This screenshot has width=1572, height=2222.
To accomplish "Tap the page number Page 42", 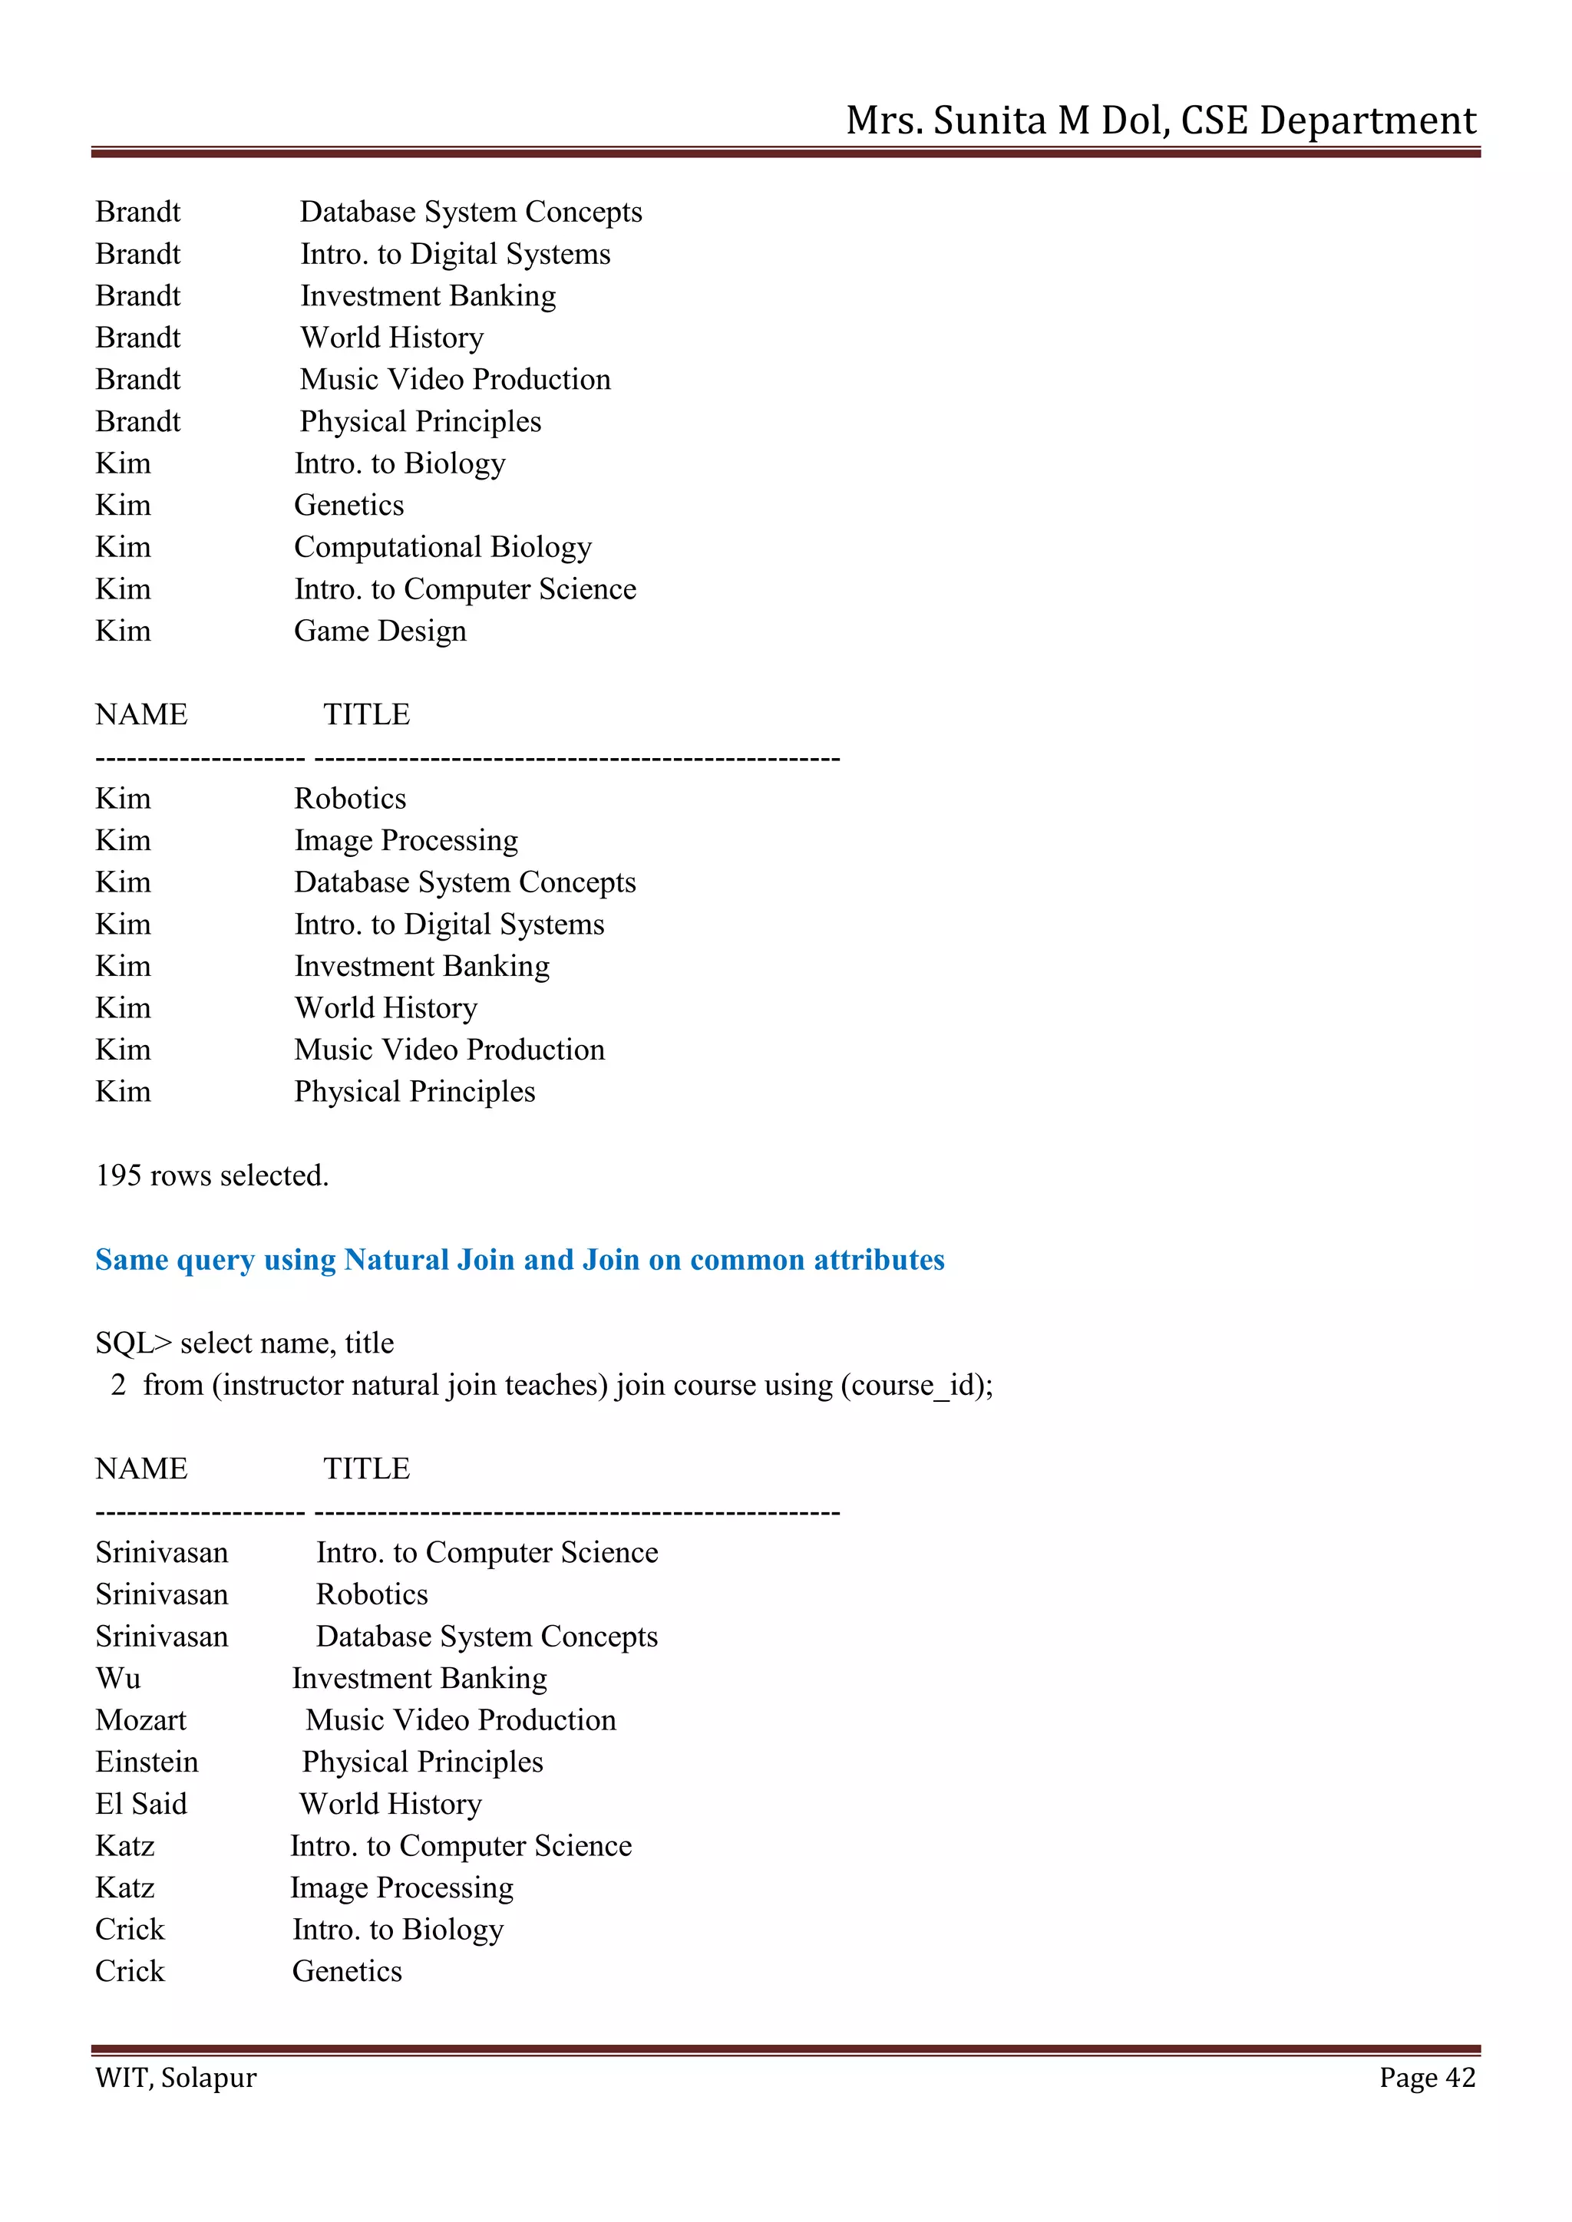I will (x=1427, y=2077).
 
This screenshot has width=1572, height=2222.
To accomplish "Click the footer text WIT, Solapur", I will (x=175, y=2077).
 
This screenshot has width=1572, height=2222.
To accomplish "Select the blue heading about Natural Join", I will (x=520, y=1259).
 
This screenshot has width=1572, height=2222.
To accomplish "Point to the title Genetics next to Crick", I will (x=346, y=1970).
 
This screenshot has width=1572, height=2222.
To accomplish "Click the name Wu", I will (x=118, y=1677).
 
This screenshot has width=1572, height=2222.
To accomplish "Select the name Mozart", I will (x=140, y=1719).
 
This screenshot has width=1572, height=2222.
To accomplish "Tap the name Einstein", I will (x=146, y=1762).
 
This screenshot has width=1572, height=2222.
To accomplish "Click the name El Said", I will (x=140, y=1803).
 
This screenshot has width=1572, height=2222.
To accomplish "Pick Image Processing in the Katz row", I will (x=401, y=1887).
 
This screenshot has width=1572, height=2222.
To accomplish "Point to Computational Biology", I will (x=442, y=547).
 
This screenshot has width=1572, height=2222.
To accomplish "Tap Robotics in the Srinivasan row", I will (x=372, y=1594).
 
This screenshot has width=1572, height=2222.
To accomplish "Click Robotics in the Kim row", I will (x=349, y=799).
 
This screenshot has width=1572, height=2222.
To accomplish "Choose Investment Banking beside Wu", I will (x=419, y=1677).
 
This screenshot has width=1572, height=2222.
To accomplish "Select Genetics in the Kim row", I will (x=348, y=505).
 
